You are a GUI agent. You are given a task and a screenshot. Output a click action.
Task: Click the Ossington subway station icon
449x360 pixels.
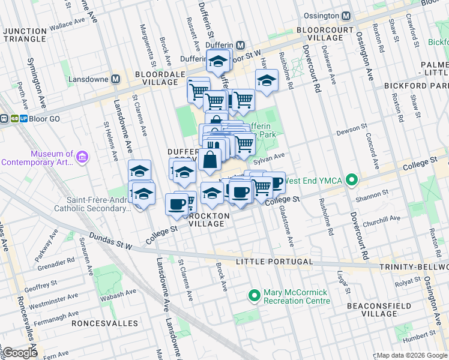(346, 16)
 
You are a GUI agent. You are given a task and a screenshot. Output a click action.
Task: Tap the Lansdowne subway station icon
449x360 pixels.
(116, 79)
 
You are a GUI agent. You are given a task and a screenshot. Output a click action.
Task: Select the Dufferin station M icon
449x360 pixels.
(240, 45)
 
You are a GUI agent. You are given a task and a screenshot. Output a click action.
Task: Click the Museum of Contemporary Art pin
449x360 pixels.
(82, 157)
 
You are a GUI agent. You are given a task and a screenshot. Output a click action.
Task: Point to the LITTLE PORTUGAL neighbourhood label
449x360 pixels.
(274, 262)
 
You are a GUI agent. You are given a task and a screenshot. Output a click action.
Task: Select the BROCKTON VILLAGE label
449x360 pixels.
(206, 219)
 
